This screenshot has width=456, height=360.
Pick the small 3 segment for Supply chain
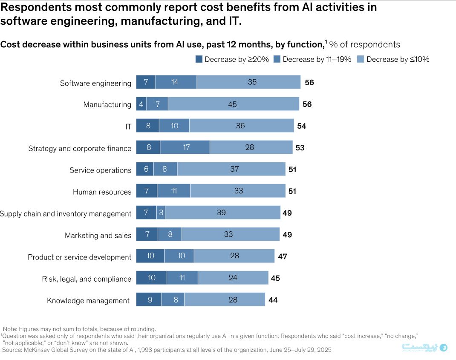tap(161, 212)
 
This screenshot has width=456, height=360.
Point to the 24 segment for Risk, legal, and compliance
tap(233, 278)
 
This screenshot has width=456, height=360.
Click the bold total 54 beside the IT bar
tap(301, 126)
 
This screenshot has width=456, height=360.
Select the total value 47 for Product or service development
tap(283, 256)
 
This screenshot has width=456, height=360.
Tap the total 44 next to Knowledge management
tap(273, 300)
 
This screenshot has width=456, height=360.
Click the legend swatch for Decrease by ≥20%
tap(199, 59)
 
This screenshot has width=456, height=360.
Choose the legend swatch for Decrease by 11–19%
tap(277, 59)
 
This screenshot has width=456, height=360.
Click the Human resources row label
tap(102, 192)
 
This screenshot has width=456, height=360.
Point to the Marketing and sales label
tap(98, 236)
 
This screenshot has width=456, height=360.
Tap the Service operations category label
tap(100, 170)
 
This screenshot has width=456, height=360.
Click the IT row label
tap(128, 127)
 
